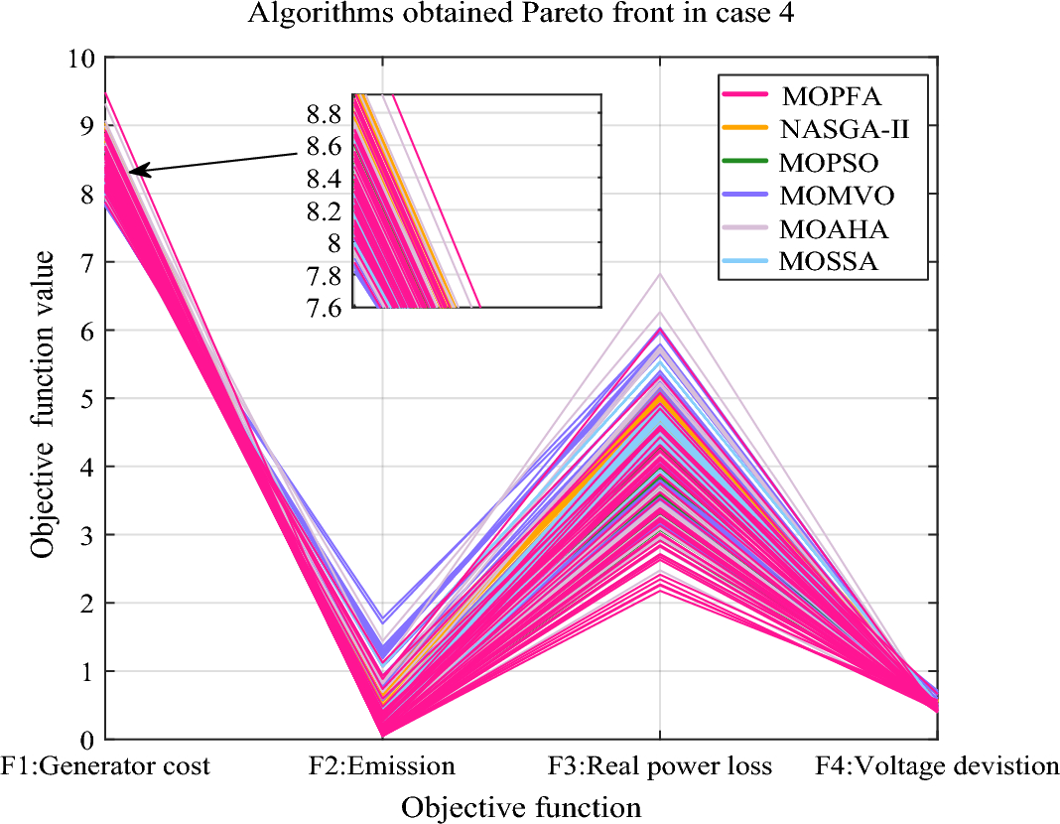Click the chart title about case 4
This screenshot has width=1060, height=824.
tap(530, 15)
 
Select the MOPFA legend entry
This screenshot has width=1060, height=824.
tap(831, 96)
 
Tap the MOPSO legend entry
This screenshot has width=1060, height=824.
tap(830, 162)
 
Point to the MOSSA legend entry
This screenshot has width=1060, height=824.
tap(830, 262)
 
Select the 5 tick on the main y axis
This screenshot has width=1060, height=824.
tap(88, 398)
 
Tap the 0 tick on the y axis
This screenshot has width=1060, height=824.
tap(88, 740)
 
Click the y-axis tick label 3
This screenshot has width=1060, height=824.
tap(88, 535)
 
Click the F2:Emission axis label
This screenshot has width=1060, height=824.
tap(382, 766)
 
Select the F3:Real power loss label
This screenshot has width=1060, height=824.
tap(660, 766)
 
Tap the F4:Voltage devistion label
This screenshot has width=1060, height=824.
tap(937, 766)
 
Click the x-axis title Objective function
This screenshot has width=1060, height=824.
tap(521, 806)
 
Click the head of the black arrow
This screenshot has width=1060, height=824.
tap(132, 172)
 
